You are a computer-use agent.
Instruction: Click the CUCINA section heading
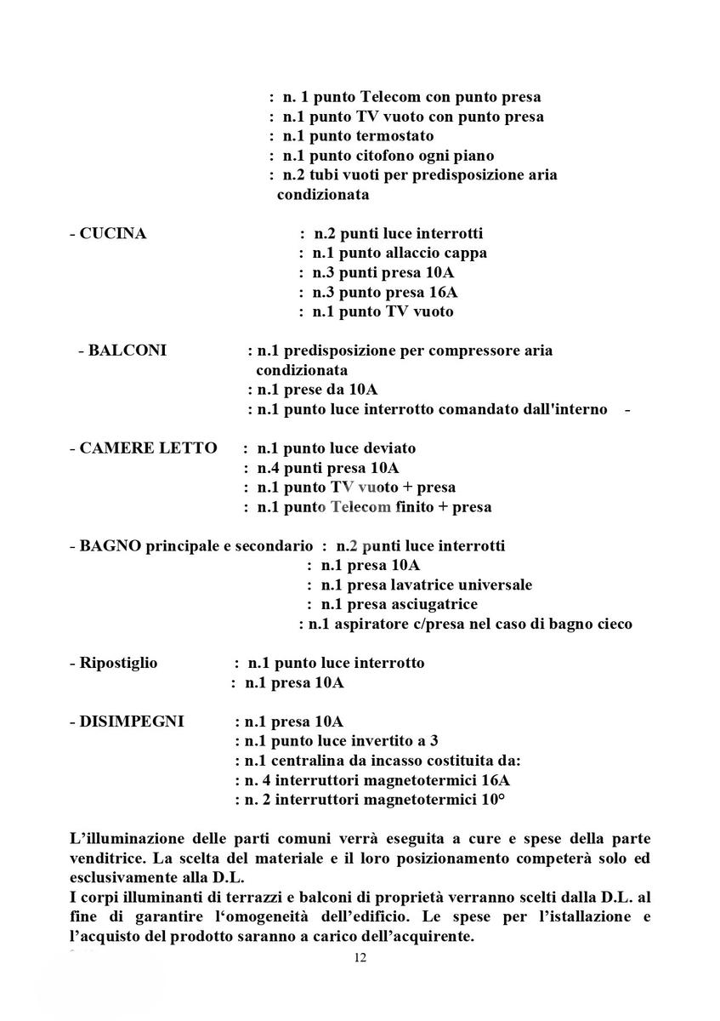coord(112,234)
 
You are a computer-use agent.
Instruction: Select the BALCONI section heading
coord(128,351)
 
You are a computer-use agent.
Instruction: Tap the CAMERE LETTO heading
coord(148,448)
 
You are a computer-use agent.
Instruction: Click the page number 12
coord(360,958)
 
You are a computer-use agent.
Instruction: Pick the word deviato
coord(388,448)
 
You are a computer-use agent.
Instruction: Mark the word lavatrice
coord(425,585)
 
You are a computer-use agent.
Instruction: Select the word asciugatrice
coord(431,605)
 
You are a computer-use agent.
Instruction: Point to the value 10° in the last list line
coord(492,800)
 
